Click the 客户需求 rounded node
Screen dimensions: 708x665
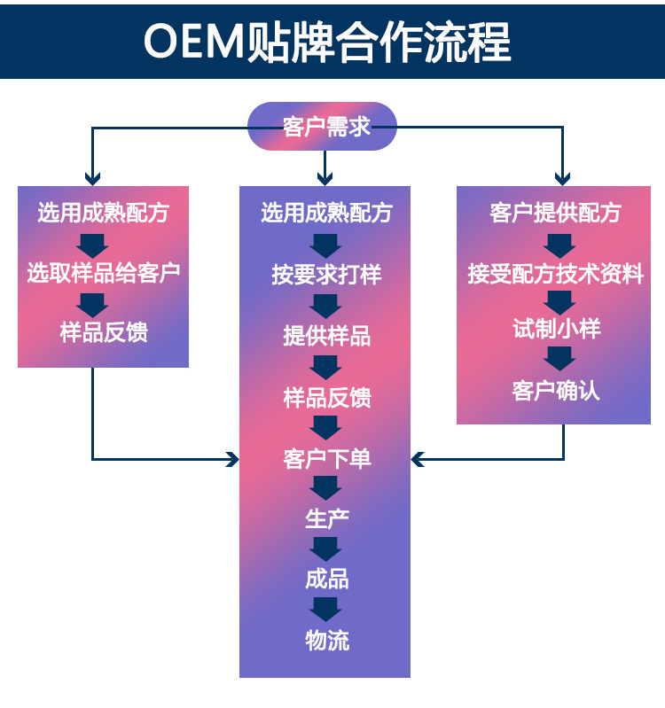click(325, 127)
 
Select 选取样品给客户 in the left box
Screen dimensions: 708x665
click(103, 272)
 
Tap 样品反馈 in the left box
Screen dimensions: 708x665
click(103, 333)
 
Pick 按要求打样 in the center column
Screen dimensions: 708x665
click(326, 275)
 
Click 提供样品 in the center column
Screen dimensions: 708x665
click(326, 336)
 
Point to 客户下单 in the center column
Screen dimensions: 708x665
click(326, 458)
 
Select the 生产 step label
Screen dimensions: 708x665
click(326, 518)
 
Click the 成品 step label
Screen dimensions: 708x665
click(326, 580)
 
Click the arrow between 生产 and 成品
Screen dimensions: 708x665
click(325, 549)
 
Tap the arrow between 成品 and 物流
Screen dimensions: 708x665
click(325, 610)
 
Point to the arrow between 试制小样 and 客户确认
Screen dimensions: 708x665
click(559, 358)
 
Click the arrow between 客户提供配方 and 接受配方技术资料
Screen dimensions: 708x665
click(559, 245)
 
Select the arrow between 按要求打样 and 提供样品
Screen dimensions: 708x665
click(325, 306)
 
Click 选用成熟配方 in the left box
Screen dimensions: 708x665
click(103, 213)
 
